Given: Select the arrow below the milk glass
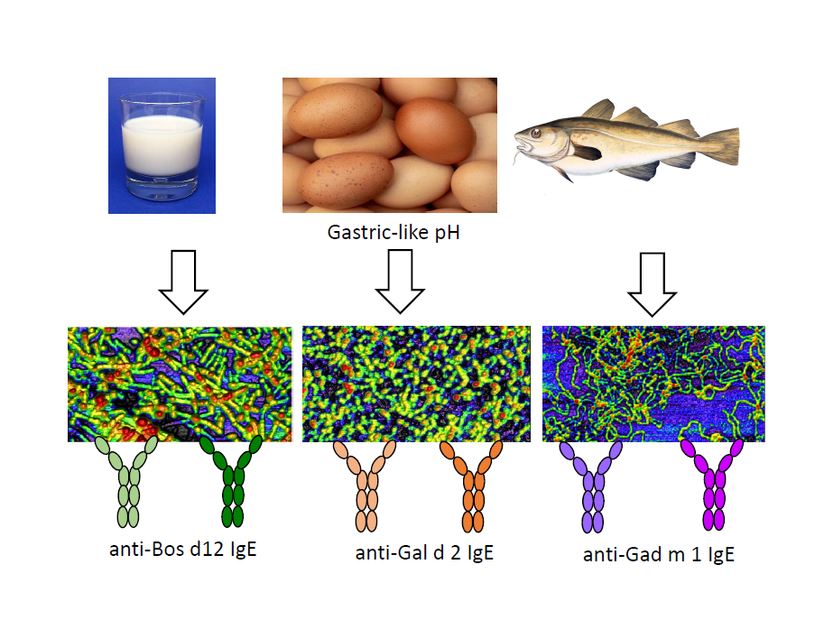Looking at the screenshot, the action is click(x=183, y=283).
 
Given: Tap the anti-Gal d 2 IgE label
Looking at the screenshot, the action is click(x=424, y=553).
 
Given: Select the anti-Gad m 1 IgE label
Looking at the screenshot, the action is click(x=658, y=554).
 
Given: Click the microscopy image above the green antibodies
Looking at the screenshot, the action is click(x=180, y=384).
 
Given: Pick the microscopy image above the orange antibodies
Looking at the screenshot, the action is click(x=417, y=384).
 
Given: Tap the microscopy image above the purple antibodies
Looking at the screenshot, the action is click(x=653, y=384).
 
